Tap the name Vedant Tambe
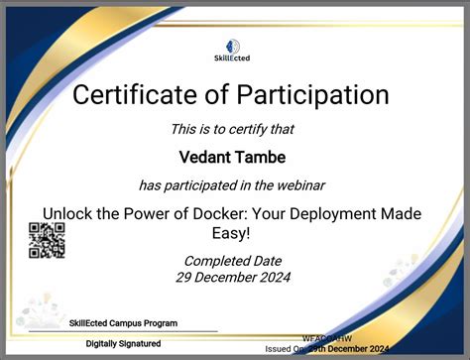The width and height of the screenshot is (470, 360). (232, 157)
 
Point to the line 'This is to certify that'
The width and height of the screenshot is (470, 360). (232, 129)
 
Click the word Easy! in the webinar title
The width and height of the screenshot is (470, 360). (234, 233)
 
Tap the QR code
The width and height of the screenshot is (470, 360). (47, 240)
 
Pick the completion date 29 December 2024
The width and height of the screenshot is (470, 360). (233, 277)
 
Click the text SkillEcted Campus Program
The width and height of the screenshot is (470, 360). (124, 323)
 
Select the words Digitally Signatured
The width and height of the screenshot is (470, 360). (123, 343)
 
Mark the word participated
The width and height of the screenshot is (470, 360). (209, 185)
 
